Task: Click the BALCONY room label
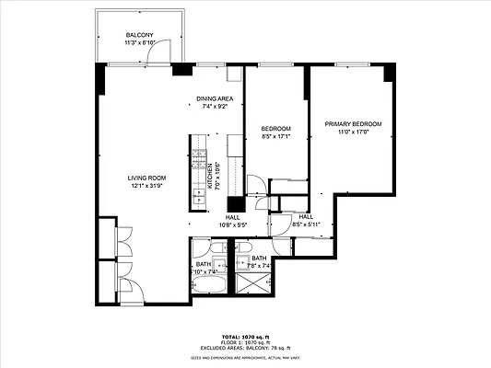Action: pos(140,35)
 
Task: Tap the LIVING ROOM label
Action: pos(146,178)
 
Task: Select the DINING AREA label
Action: pos(215,98)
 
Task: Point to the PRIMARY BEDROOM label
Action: pos(353,123)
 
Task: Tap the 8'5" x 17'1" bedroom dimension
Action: pos(276,136)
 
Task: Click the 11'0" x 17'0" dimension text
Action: pos(353,132)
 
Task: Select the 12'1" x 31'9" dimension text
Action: pos(146,187)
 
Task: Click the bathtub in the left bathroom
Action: pos(204,287)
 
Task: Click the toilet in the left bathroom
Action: pos(216,248)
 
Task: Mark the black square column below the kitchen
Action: pos(236,205)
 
